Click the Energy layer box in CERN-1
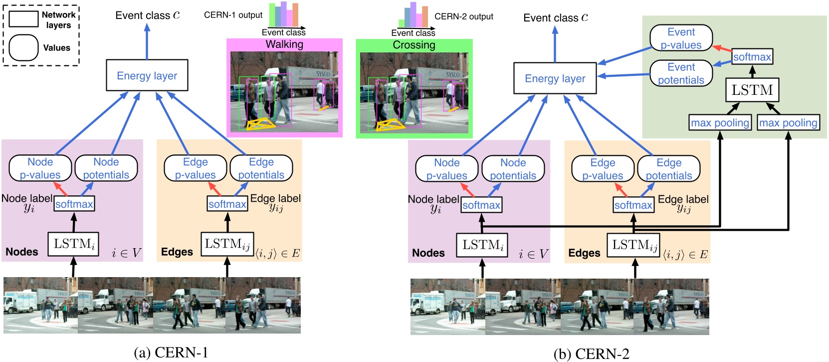[x=147, y=75]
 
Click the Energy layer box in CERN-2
[x=555, y=78]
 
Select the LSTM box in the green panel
[x=752, y=90]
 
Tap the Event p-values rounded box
[x=681, y=38]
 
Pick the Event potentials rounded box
[x=681, y=73]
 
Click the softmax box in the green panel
[x=752, y=57]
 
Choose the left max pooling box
[x=720, y=122]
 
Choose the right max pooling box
[x=788, y=122]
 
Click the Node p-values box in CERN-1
[x=40, y=168]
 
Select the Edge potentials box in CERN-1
[x=261, y=168]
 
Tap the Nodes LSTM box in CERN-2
[x=482, y=245]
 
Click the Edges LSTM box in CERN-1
[x=227, y=244]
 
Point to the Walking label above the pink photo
[x=284, y=44]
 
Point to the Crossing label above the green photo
[x=414, y=45]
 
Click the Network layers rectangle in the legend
[x=23, y=19]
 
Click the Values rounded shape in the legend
[x=23, y=48]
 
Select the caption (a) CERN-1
[x=171, y=353]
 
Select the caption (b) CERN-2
[x=592, y=354]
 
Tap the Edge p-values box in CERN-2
[x=603, y=169]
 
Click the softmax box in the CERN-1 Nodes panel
[x=74, y=204]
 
